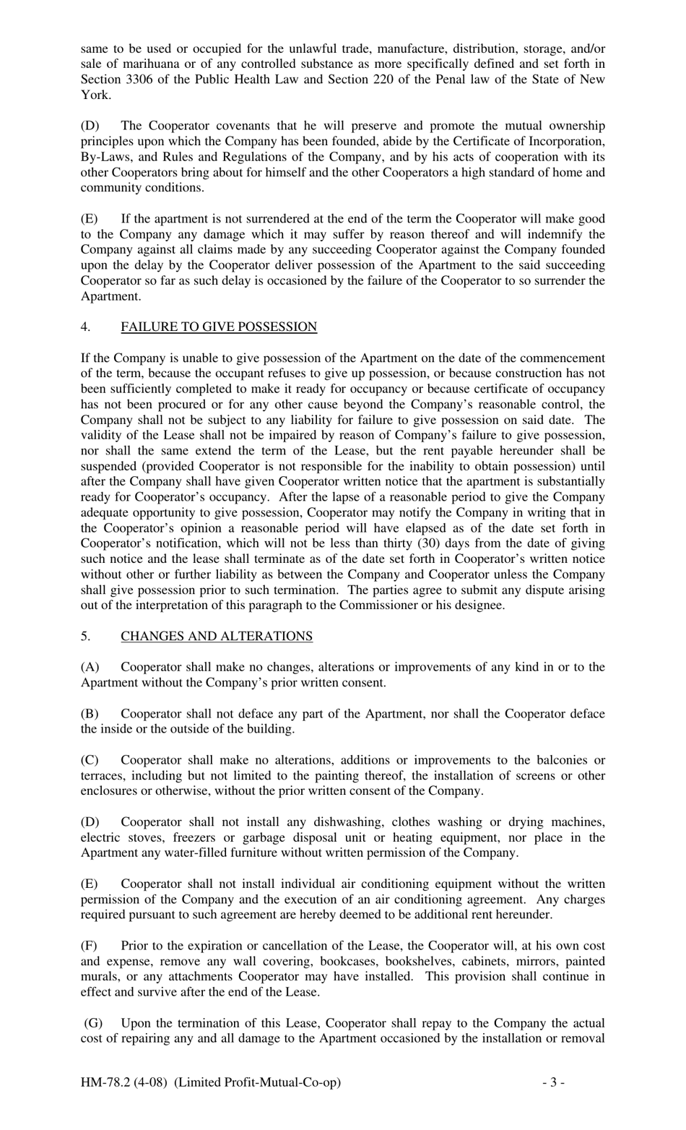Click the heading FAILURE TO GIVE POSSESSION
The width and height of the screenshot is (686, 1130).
(x=219, y=327)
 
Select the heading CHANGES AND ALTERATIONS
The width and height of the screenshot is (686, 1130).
(x=217, y=637)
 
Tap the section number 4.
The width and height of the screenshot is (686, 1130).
(x=85, y=327)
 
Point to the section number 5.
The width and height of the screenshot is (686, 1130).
(x=85, y=637)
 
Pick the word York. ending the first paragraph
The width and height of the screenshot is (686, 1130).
(x=95, y=95)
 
